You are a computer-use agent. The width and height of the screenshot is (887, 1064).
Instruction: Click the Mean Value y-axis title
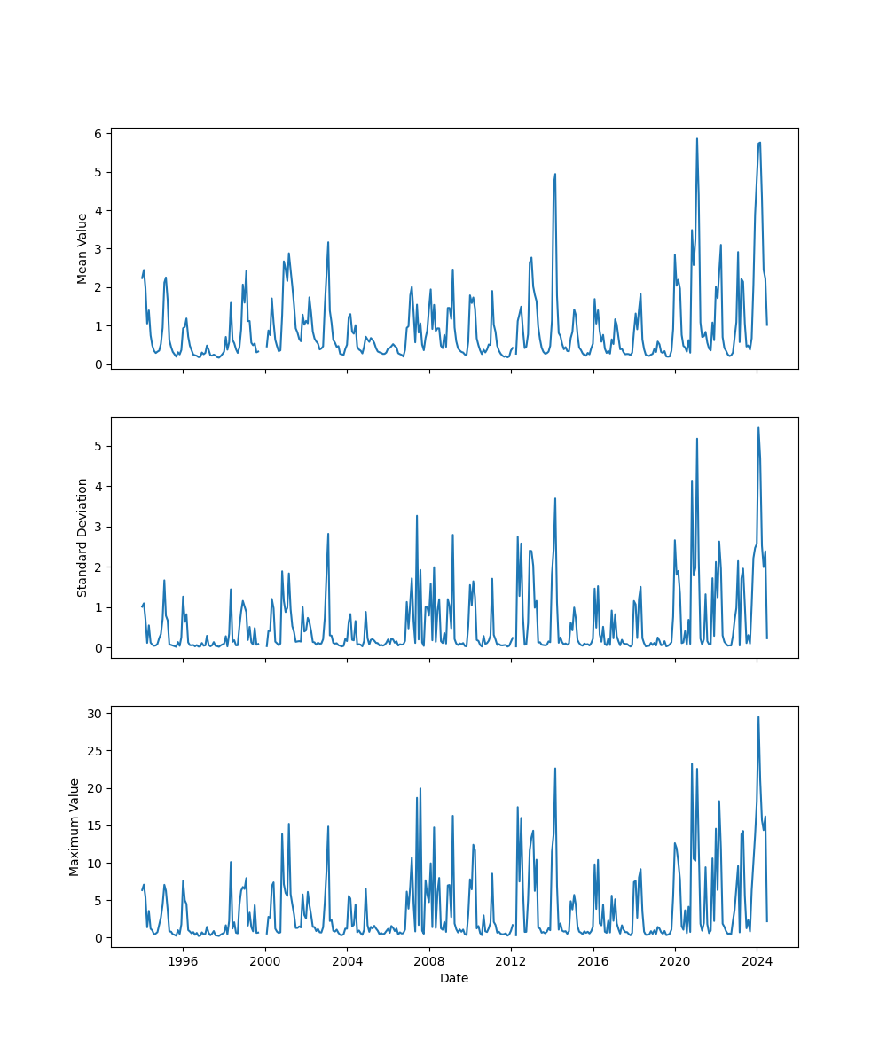coord(82,248)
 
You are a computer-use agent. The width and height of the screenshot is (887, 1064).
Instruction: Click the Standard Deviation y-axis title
coord(82,537)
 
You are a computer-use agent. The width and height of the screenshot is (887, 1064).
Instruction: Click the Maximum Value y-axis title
coord(75,826)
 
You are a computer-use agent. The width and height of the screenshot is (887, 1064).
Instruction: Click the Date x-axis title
coord(454,978)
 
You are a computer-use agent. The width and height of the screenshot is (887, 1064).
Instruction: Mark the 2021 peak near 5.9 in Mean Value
coord(696,138)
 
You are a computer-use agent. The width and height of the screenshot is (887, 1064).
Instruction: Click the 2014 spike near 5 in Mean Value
coord(555,175)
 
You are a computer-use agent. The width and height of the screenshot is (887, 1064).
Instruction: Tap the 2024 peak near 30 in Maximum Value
coord(758,717)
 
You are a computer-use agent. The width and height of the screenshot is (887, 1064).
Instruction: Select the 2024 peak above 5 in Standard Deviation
coord(758,428)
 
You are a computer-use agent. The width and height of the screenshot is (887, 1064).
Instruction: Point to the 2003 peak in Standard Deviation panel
coord(328,534)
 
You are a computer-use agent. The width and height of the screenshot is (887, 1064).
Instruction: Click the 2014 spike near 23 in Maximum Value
coord(555,769)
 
